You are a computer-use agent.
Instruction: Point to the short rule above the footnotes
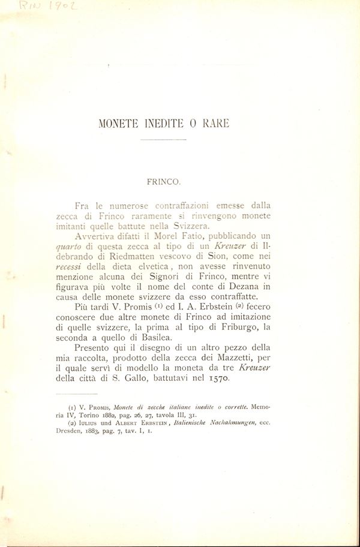click(x=70, y=395)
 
